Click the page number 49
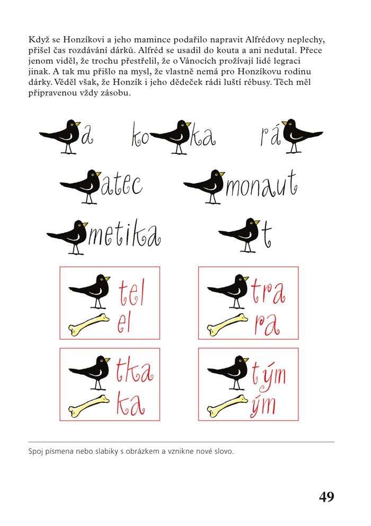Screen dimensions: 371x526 tap(326, 496)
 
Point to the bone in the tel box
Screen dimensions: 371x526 tap(89, 324)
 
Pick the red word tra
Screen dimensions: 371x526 tap(268, 291)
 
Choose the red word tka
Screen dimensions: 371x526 tap(135, 370)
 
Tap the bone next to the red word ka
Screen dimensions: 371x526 tap(89, 406)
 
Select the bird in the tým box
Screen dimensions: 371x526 tap(228, 373)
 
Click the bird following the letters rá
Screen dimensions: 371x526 tap(302, 136)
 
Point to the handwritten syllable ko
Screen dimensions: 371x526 tap(140, 135)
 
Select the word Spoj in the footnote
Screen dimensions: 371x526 tap(34, 452)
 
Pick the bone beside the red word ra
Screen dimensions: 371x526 tap(227, 324)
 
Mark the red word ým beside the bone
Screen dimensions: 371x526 tap(263, 407)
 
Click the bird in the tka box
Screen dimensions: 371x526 tap(90, 373)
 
